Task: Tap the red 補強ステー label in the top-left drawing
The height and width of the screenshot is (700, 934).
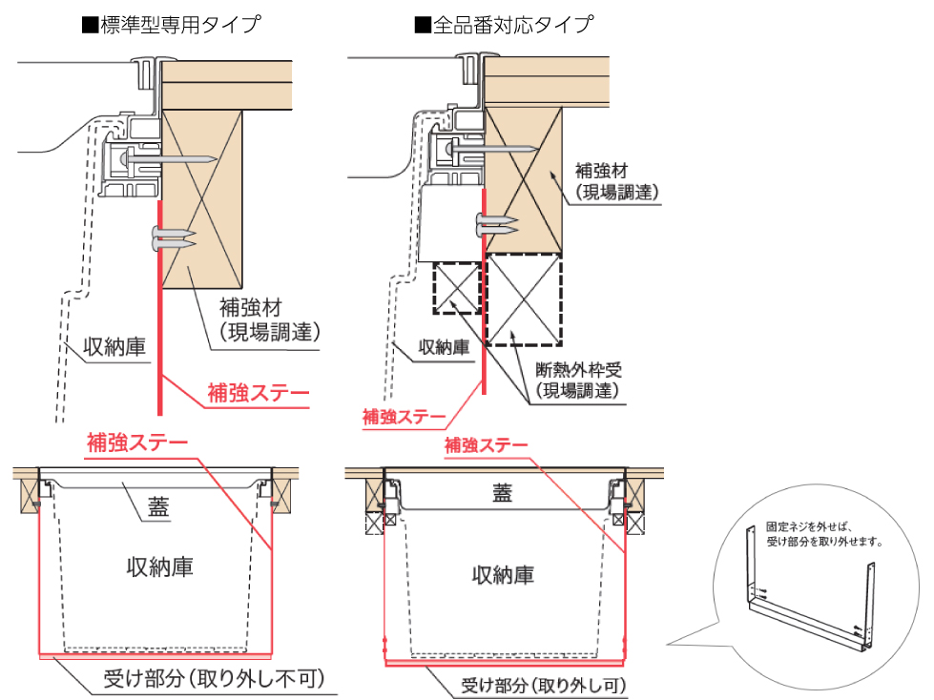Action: tap(259, 392)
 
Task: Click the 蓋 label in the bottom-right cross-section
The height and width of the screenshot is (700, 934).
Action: tap(502, 493)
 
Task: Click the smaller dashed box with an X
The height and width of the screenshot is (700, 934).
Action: tap(456, 287)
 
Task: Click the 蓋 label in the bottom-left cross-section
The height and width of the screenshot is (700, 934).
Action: tap(158, 508)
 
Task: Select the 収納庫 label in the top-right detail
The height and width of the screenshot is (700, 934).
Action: tap(445, 348)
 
